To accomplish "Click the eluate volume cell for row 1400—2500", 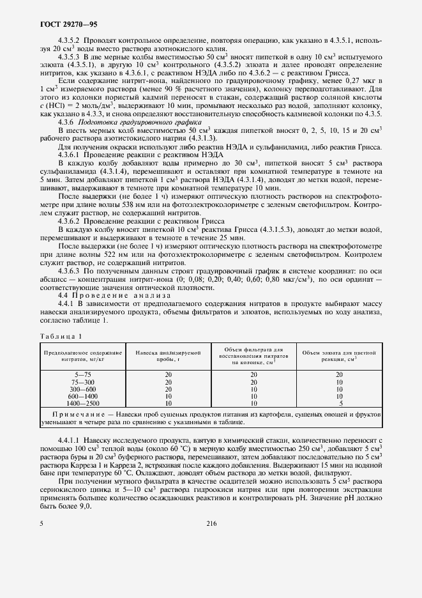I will click(x=338, y=403).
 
